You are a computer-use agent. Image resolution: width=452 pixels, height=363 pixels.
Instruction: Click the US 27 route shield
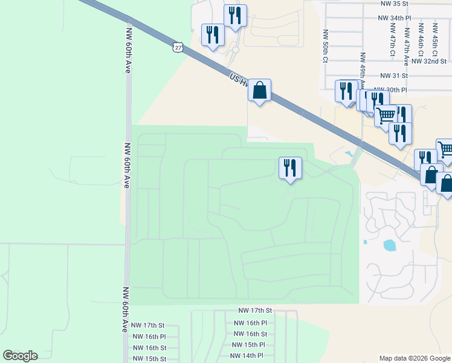tap(177, 47)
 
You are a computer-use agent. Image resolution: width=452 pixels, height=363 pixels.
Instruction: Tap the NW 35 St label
tap(395, 4)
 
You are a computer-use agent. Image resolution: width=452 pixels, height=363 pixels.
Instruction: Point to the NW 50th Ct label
tap(325, 46)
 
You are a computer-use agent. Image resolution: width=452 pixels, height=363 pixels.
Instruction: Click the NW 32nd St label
tap(428, 61)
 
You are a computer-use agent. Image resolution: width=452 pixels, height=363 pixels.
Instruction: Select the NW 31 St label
tap(394, 76)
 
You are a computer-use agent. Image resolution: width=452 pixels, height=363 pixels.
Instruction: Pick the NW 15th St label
tap(149, 359)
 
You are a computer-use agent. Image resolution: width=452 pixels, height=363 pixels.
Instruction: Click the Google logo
tap(20, 356)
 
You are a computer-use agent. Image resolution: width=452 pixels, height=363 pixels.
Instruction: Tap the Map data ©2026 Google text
tap(415, 358)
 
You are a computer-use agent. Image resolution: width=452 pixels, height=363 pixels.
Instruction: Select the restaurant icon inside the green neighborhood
tap(290, 168)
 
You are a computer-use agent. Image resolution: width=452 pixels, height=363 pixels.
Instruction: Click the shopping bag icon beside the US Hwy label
tap(259, 90)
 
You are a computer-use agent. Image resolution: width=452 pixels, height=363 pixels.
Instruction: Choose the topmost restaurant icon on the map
tap(235, 16)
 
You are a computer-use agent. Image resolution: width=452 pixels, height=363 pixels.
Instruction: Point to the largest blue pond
tap(390, 245)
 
